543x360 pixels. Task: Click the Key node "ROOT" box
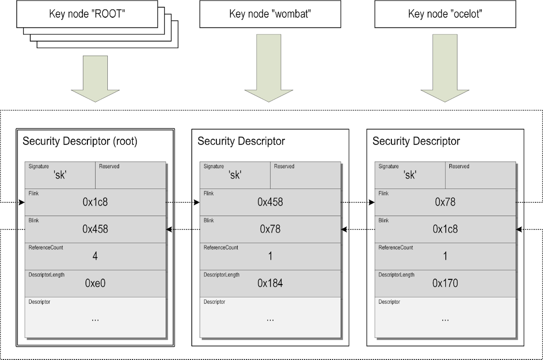click(87, 14)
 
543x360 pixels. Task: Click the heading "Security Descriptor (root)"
click(80, 141)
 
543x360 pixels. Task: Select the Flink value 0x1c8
click(95, 202)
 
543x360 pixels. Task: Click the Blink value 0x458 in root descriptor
click(95, 229)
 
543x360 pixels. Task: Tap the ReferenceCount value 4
click(95, 256)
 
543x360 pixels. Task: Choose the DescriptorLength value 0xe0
click(95, 284)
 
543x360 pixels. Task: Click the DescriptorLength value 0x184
click(270, 284)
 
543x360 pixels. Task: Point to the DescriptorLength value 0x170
click(445, 284)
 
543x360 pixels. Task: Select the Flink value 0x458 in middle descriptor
click(270, 202)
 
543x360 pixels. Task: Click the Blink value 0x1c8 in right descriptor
click(445, 229)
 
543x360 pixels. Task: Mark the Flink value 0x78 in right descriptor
click(445, 202)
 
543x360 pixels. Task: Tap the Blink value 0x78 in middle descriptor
click(270, 229)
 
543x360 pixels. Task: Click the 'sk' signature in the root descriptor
click(60, 175)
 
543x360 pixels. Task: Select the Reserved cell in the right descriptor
click(480, 175)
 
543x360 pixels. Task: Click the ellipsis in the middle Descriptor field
click(270, 319)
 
